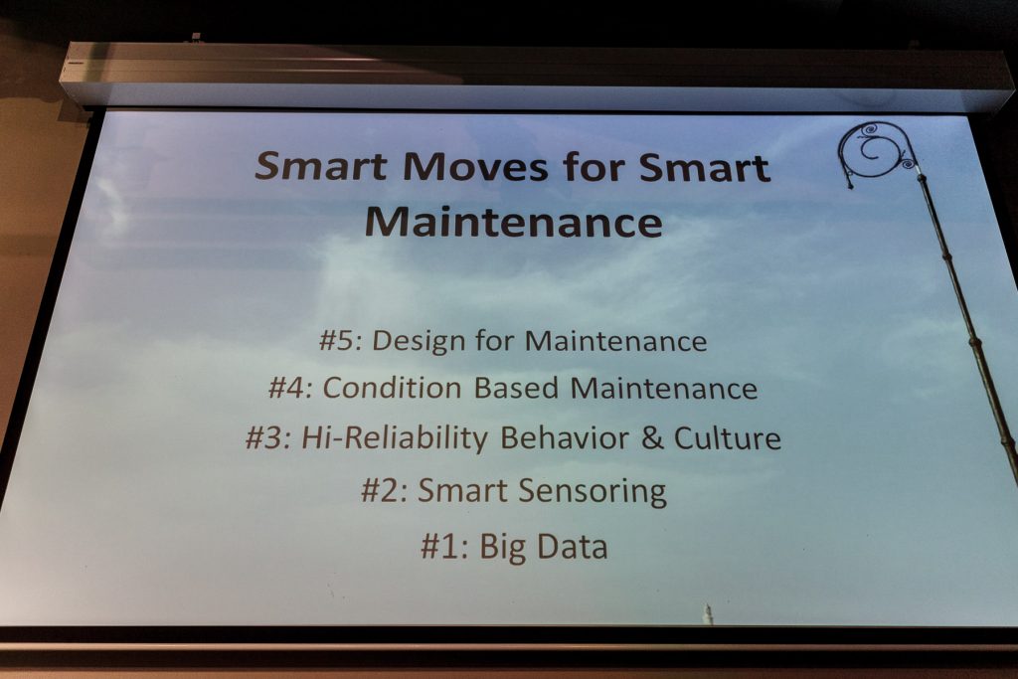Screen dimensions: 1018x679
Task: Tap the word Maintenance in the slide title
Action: tap(514, 222)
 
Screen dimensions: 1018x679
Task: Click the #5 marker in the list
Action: tap(339, 341)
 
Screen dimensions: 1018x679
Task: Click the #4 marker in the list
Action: tap(291, 388)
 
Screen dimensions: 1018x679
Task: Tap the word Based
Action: tap(516, 388)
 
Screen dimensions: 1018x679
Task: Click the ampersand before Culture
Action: tap(652, 438)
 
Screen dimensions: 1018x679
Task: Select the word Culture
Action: tap(727, 438)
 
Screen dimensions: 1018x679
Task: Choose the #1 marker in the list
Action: tap(444, 547)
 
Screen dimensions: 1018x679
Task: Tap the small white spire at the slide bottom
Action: tap(708, 614)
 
